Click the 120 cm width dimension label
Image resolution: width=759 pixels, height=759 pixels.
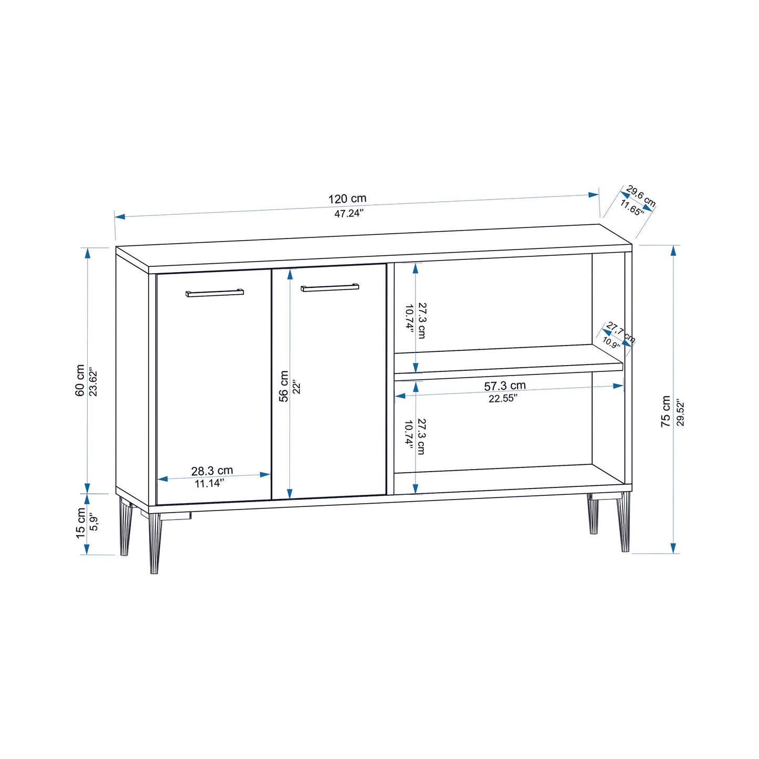pyautogui.click(x=347, y=199)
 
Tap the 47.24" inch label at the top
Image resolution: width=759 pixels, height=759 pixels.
pyautogui.click(x=349, y=214)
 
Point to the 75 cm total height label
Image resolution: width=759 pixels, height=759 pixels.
pyautogui.click(x=666, y=411)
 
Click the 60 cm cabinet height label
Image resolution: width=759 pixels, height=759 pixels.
pyautogui.click(x=80, y=380)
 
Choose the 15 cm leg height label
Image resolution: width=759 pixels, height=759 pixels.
pyautogui.click(x=80, y=523)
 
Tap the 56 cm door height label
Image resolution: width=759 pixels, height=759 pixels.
pyautogui.click(x=284, y=386)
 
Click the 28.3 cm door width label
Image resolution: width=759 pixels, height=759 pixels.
pyautogui.click(x=212, y=471)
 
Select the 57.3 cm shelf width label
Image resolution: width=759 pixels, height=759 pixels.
pyautogui.click(x=505, y=386)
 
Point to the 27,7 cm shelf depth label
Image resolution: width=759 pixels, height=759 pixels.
pyautogui.click(x=620, y=333)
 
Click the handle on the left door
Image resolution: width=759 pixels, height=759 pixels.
pyautogui.click(x=214, y=293)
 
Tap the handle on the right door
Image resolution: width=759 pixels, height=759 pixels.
pyautogui.click(x=330, y=287)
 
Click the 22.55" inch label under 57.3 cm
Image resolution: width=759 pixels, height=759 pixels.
pyautogui.click(x=503, y=399)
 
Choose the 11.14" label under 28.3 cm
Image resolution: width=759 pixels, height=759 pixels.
pyautogui.click(x=210, y=483)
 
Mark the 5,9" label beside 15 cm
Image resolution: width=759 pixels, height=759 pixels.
pyautogui.click(x=94, y=522)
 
